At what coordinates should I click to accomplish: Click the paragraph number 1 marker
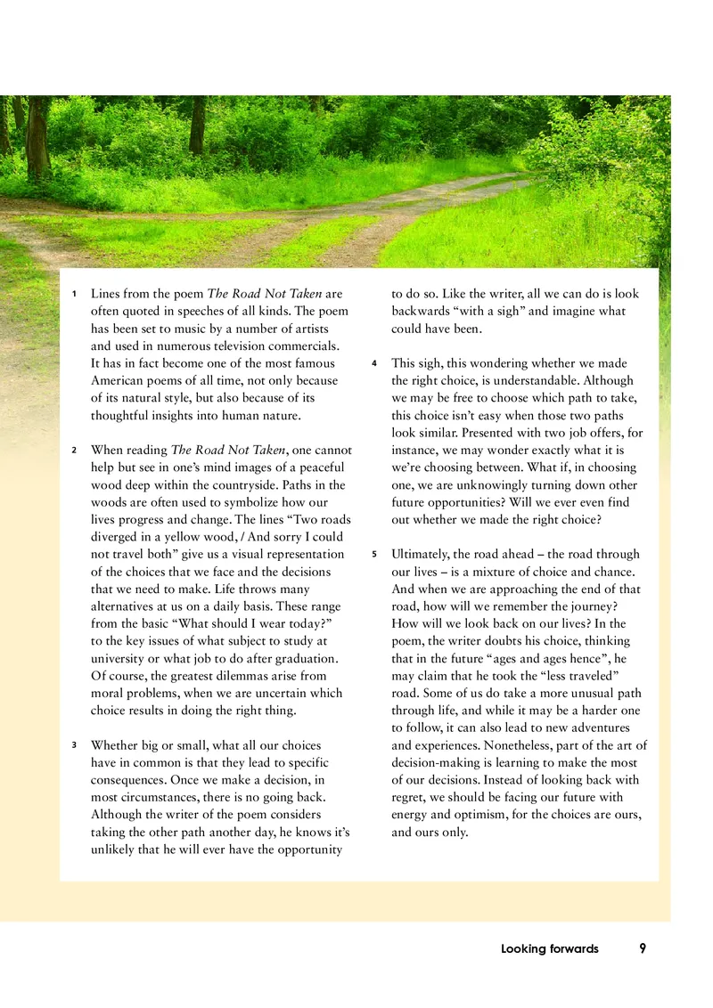click(x=75, y=294)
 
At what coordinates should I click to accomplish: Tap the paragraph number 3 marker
click(x=75, y=745)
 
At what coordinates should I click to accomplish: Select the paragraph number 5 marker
click(x=375, y=555)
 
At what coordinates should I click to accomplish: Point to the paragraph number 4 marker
click(x=375, y=363)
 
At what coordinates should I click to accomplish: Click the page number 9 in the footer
click(x=643, y=948)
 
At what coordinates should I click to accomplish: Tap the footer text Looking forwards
click(x=549, y=949)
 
